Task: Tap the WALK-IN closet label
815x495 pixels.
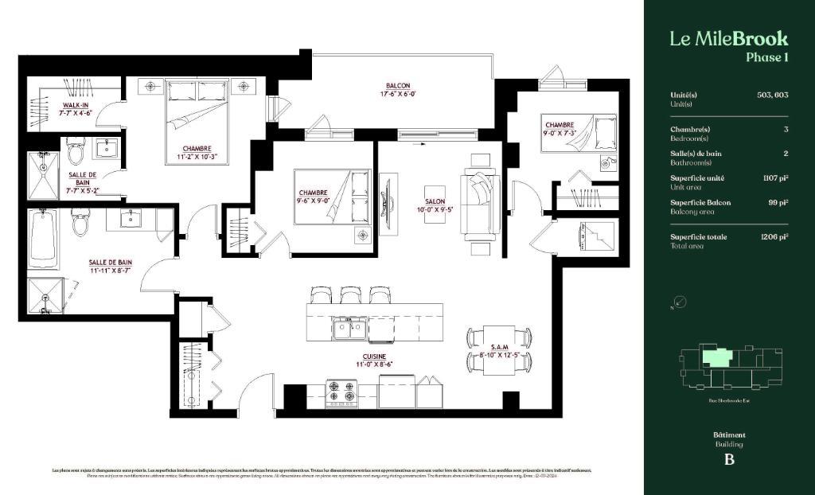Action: tap(76, 105)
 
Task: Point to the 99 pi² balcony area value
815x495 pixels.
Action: tap(778, 202)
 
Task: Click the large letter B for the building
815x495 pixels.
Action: tap(728, 459)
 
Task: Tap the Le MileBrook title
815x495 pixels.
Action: tap(728, 38)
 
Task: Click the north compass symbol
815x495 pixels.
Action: tap(679, 302)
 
